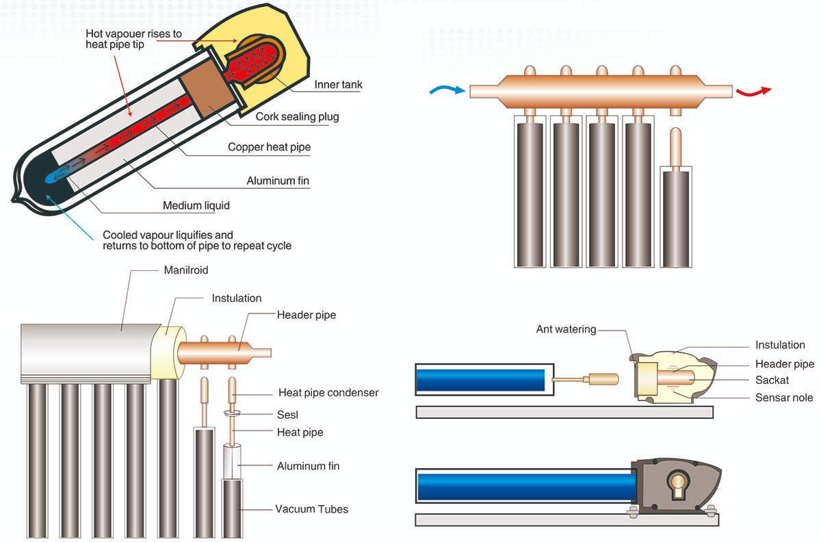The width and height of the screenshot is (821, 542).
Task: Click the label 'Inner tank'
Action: [338, 85]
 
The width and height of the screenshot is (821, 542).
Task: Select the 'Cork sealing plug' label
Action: [297, 116]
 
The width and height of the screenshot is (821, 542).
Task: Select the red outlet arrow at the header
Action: [753, 92]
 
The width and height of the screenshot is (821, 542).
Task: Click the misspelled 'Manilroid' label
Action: [186, 270]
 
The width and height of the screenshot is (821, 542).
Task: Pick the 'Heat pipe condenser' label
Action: [328, 393]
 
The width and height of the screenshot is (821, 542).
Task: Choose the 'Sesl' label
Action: [287, 415]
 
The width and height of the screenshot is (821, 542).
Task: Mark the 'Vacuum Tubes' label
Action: [311, 509]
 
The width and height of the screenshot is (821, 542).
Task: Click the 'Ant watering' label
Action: [566, 330]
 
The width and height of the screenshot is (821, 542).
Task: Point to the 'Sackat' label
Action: [772, 380]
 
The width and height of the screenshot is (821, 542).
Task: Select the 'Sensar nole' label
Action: [784, 398]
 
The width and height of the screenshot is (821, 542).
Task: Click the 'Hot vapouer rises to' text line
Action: [134, 34]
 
